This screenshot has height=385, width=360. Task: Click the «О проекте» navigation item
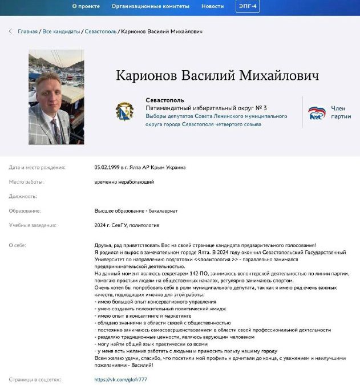pyautogui.click(x=86, y=6)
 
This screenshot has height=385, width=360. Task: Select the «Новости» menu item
pyautogui.click(x=212, y=6)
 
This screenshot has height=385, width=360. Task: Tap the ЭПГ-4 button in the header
pyautogui.click(x=247, y=6)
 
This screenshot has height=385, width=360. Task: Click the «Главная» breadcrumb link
pyautogui.click(x=27, y=31)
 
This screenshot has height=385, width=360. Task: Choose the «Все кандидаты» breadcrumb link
pyautogui.click(x=61, y=31)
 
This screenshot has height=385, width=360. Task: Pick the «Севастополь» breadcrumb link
pyautogui.click(x=100, y=31)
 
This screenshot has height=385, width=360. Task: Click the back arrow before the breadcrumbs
pyautogui.click(x=10, y=31)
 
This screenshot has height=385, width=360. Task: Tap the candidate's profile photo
pyautogui.click(x=56, y=96)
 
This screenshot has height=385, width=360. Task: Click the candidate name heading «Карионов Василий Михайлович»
pyautogui.click(x=217, y=76)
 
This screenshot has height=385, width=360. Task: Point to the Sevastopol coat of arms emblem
pyautogui.click(x=124, y=111)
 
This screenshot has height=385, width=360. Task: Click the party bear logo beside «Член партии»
pyautogui.click(x=317, y=112)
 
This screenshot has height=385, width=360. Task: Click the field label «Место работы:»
pyautogui.click(x=26, y=182)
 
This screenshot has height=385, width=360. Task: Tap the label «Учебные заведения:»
pyautogui.click(x=33, y=225)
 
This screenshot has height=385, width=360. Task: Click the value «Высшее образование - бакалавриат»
pyautogui.click(x=136, y=211)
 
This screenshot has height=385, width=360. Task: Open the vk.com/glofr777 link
pyautogui.click(x=120, y=379)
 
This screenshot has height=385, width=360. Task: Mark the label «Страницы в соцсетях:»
pyautogui.click(x=35, y=379)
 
